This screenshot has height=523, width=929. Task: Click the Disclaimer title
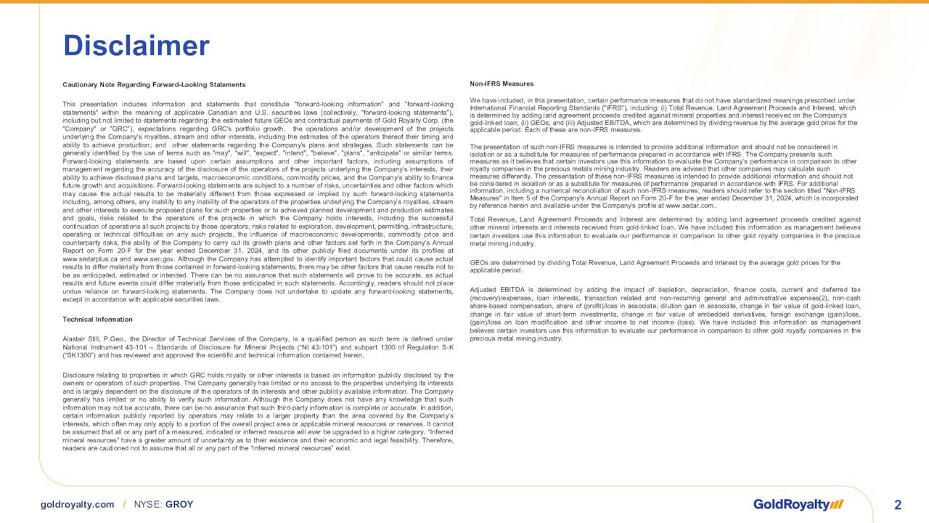click(x=136, y=46)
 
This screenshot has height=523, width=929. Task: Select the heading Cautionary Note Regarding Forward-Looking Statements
click(x=154, y=85)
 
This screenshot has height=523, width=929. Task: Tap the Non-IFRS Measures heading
click(x=502, y=84)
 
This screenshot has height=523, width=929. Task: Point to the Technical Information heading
click(x=97, y=320)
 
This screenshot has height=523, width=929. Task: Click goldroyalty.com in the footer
click(x=77, y=504)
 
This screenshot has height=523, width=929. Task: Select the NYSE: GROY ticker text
click(x=163, y=504)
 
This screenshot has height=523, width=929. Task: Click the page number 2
click(x=898, y=505)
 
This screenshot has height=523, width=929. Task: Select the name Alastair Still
click(x=80, y=339)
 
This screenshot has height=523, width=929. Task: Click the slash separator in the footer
click(x=124, y=504)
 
